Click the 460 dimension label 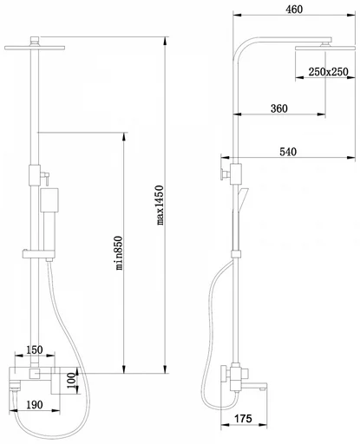294,10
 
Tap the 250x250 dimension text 328,72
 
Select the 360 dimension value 279,108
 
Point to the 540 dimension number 288,152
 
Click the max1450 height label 160,205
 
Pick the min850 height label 119,253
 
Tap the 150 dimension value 35,349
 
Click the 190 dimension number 35,405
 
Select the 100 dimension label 72,381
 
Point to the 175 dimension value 243,418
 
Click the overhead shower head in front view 35,48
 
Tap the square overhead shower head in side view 325,48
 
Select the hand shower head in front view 49,200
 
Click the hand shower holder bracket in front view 39,254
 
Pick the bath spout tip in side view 263,387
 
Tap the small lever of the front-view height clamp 45,177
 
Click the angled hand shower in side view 242,199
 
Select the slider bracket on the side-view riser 236,254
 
